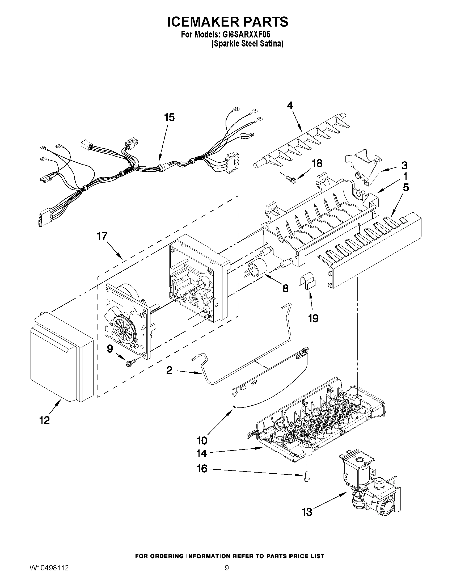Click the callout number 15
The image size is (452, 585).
pyautogui.click(x=170, y=117)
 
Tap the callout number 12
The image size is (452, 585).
pyautogui.click(x=45, y=420)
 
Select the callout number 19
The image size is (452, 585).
pyautogui.click(x=313, y=318)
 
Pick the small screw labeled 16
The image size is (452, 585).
pyautogui.click(x=306, y=478)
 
